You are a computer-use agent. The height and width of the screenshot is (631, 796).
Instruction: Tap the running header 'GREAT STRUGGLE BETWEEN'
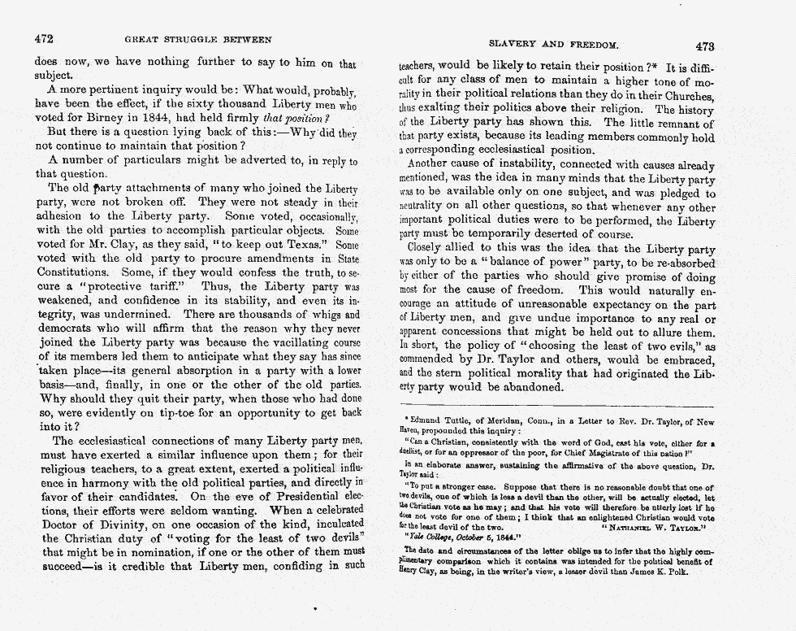[x=197, y=39]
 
